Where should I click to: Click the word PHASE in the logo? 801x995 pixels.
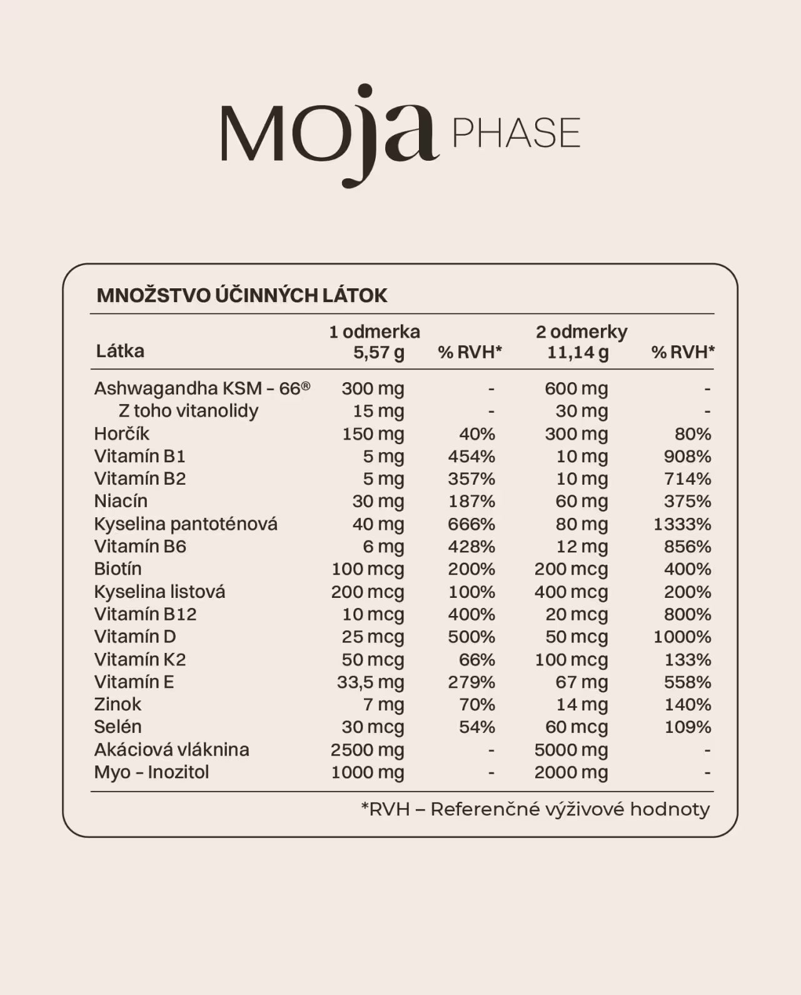(516, 133)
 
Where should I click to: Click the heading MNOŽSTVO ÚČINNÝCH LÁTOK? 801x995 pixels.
(242, 295)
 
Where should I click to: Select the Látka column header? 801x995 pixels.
(120, 351)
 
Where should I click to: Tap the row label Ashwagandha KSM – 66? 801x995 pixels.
(201, 388)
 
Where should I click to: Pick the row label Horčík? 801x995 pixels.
(121, 433)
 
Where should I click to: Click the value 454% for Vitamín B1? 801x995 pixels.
(471, 457)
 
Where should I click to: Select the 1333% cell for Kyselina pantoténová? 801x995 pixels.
(682, 524)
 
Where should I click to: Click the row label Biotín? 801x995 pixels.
(118, 569)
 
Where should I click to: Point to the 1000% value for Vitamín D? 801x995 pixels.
(682, 637)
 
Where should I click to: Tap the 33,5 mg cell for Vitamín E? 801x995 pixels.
(371, 682)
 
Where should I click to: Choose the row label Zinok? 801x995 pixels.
(118, 704)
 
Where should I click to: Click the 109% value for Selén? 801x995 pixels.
(687, 727)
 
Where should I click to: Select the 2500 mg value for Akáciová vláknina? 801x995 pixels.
(368, 749)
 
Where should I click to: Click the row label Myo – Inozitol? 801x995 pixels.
(151, 772)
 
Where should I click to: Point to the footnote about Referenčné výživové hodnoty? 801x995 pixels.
(535, 809)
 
